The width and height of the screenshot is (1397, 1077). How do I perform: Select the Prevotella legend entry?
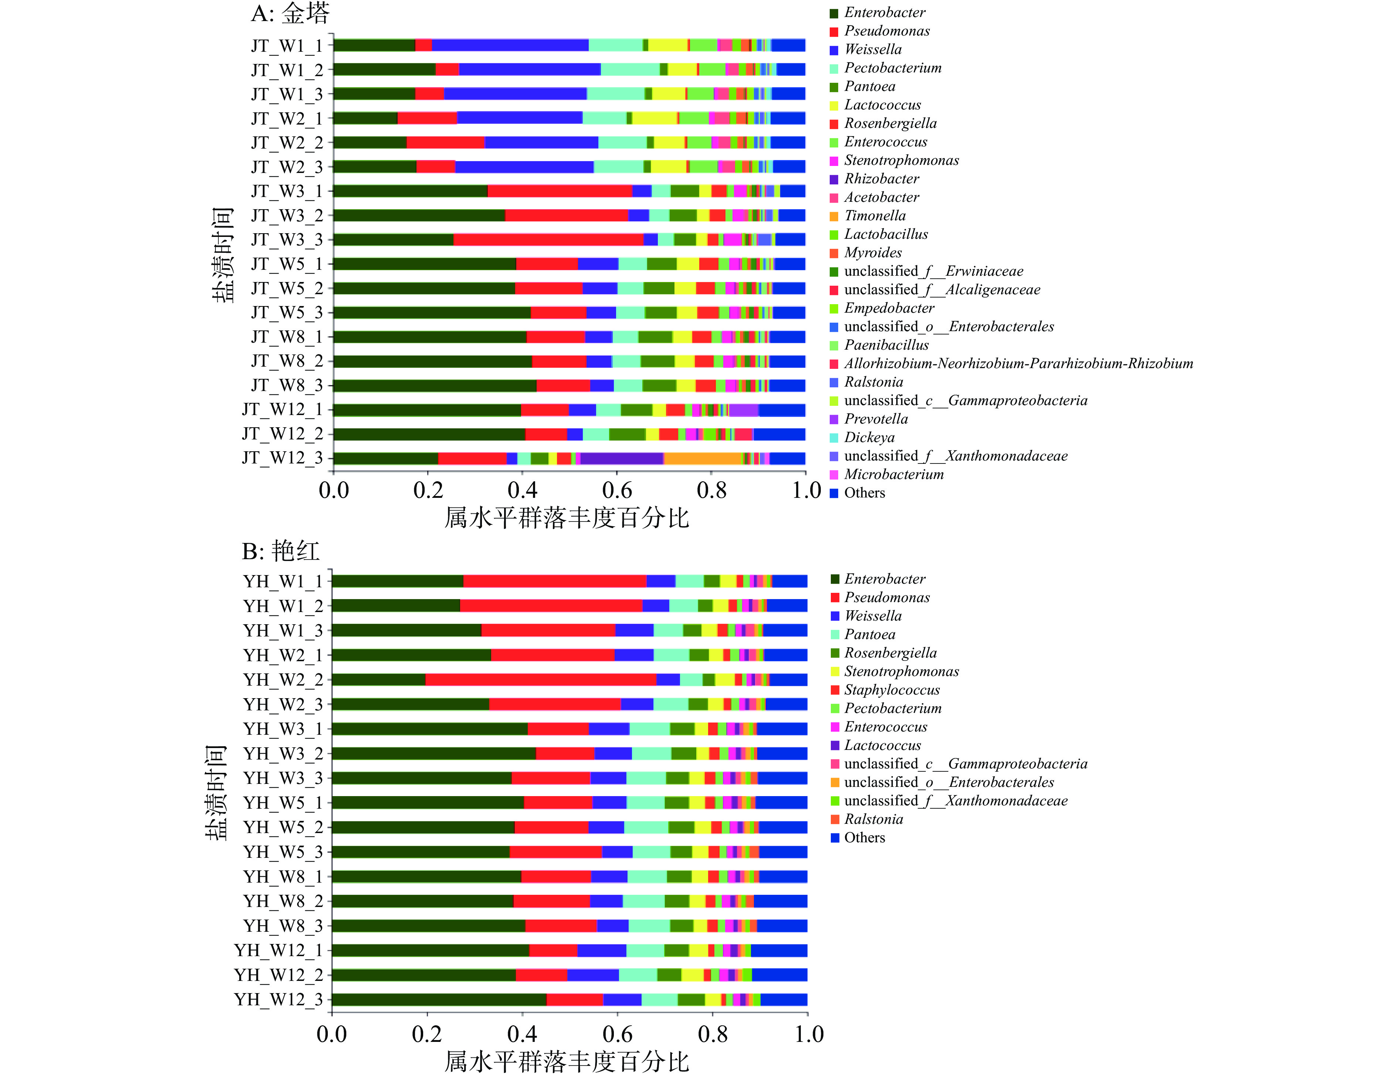point(876,419)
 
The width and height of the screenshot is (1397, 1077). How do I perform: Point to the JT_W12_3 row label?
point(282,458)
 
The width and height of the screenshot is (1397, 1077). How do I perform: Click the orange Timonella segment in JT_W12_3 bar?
point(702,458)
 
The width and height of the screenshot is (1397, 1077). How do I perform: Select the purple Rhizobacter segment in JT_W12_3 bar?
point(622,458)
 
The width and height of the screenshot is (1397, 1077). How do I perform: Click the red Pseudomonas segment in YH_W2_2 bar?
point(540,679)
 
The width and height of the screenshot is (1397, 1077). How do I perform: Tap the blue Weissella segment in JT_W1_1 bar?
point(510,45)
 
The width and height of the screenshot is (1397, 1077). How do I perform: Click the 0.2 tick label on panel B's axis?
point(426,1034)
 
